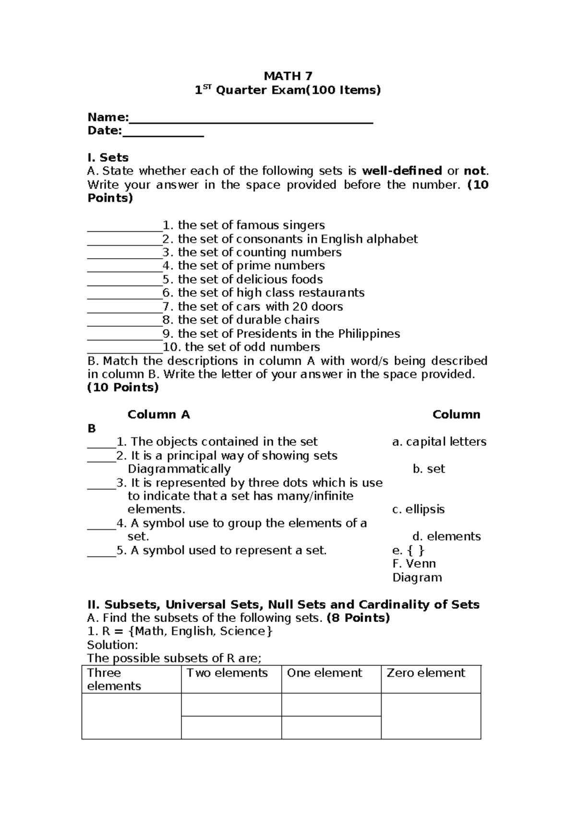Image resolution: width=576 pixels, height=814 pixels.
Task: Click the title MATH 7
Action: click(x=288, y=76)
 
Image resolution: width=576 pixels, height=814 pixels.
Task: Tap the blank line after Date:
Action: click(x=163, y=133)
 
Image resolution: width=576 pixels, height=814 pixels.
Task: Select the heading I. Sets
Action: click(x=108, y=157)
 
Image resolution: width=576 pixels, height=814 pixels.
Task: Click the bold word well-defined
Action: click(x=402, y=171)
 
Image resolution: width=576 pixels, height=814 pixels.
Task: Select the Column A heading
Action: click(x=158, y=415)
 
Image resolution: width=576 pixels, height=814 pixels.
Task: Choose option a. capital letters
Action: click(x=439, y=442)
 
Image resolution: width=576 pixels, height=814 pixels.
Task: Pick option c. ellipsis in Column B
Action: click(x=418, y=509)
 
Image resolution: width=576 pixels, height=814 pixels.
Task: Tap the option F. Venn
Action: click(x=414, y=563)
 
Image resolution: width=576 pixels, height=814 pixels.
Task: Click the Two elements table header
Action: click(x=227, y=673)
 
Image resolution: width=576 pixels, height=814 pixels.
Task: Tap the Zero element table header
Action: click(x=426, y=673)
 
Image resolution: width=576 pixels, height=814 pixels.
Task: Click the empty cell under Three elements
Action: click(x=132, y=716)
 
